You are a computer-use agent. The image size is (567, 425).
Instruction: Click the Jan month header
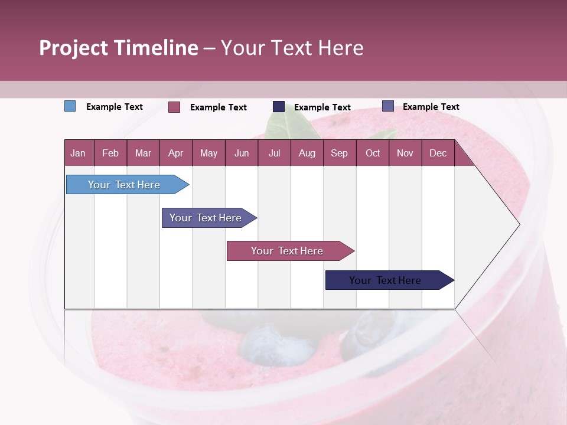78,153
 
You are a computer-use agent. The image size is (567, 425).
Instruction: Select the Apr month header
175,153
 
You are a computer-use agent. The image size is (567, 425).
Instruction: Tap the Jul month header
274,153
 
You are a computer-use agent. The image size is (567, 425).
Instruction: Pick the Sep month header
339,153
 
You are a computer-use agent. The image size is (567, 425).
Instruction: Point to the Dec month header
438,153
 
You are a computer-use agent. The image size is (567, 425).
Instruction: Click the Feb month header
110,153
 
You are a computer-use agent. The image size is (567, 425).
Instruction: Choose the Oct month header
373,153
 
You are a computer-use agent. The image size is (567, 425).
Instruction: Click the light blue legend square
70,106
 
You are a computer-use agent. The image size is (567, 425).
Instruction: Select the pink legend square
174,107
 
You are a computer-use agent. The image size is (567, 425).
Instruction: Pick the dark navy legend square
279,106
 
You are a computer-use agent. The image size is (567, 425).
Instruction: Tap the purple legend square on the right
388,106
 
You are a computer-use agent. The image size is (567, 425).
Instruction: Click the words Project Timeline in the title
119,48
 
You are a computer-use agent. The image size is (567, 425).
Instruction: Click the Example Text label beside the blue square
115,107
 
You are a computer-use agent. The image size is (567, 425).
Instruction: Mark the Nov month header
405,153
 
